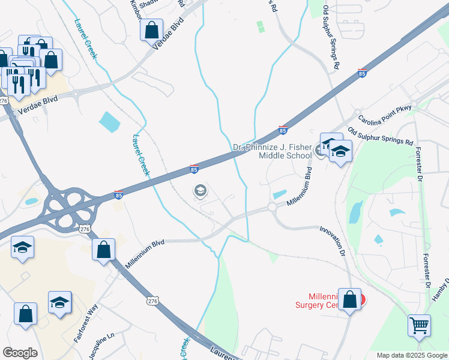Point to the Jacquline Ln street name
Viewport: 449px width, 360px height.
point(101,347)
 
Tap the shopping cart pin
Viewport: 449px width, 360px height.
point(419,325)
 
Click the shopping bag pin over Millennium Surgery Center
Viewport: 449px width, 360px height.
point(350,300)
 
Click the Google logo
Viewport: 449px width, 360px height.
point(20,353)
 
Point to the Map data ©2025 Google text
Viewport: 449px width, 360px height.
point(411,355)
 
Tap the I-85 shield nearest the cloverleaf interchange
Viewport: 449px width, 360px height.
point(118,195)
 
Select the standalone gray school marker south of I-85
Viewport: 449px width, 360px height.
point(199,191)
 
